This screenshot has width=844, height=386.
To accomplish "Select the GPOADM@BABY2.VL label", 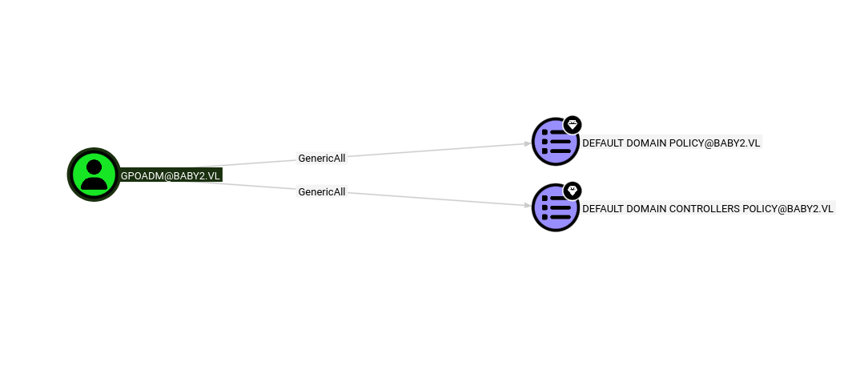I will (x=170, y=176).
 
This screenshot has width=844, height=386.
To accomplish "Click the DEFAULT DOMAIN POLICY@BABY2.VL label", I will (x=671, y=143).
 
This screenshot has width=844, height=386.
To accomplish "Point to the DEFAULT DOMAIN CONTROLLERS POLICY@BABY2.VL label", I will (x=708, y=208).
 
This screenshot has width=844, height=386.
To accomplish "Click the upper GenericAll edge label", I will (x=321, y=158).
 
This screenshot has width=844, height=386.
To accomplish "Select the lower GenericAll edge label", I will (x=321, y=191).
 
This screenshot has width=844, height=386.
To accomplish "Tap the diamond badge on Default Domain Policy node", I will (x=572, y=125).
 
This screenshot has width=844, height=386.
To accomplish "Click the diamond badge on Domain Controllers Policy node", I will (x=572, y=191).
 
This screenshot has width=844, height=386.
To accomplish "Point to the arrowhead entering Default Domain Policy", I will (x=527, y=144).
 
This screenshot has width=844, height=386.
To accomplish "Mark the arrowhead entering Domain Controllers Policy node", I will (x=527, y=206).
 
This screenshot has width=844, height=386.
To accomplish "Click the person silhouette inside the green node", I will (x=94, y=175).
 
